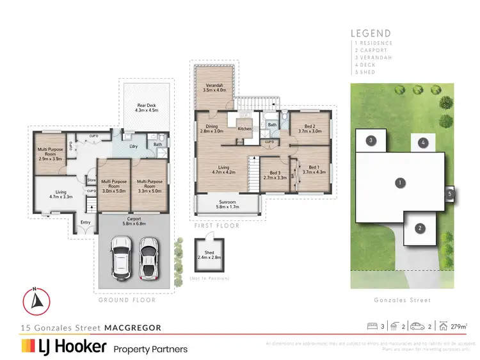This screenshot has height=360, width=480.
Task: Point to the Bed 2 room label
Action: pyautogui.click(x=309, y=128)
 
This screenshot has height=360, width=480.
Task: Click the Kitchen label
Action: pyautogui.click(x=245, y=129)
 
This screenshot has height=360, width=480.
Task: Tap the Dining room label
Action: pyautogui.click(x=211, y=128)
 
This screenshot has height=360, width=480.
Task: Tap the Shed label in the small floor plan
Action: pyautogui.click(x=209, y=254)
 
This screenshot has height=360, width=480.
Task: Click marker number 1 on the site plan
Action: pyautogui.click(x=399, y=183)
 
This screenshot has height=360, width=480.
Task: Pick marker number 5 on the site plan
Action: pyautogui.click(x=450, y=193)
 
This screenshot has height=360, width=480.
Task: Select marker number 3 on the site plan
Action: pyautogui.click(x=371, y=140)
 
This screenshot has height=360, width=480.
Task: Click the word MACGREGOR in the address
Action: pyautogui.click(x=133, y=327)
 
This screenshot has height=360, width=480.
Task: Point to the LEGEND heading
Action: pyautogui.click(x=370, y=33)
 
